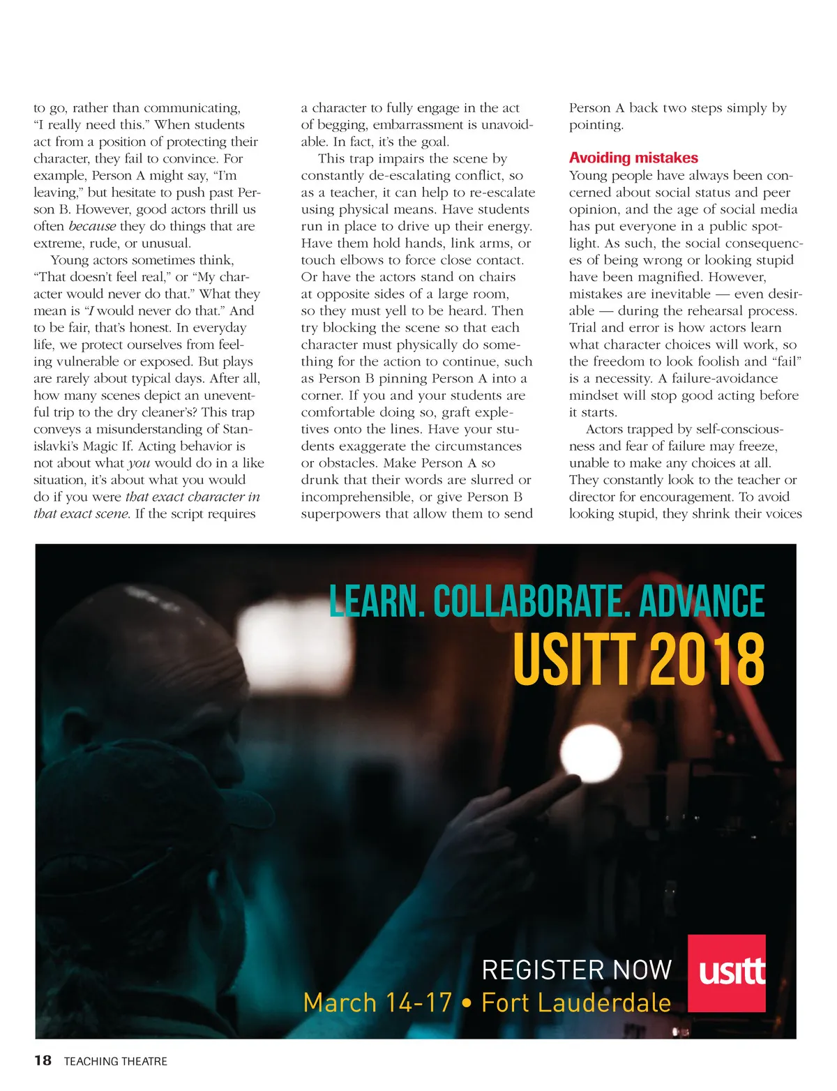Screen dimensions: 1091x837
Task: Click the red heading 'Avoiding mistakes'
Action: tap(633, 158)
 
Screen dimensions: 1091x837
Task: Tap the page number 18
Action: tap(43, 1060)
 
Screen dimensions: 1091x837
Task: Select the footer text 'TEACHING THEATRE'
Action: tap(116, 1061)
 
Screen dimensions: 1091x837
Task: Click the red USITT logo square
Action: tap(727, 972)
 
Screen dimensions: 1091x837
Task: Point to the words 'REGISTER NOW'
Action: tap(576, 970)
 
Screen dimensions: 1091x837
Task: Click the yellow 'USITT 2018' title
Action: tap(638, 659)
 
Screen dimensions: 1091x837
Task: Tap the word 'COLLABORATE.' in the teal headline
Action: tap(529, 601)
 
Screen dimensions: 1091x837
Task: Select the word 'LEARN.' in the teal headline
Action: tap(377, 601)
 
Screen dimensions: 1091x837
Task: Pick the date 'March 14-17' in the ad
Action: tap(378, 1002)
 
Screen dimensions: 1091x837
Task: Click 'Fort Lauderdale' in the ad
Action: tap(576, 1002)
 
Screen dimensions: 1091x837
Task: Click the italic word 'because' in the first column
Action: tap(92, 226)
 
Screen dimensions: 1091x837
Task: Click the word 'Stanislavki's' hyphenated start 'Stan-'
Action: tap(237, 429)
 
